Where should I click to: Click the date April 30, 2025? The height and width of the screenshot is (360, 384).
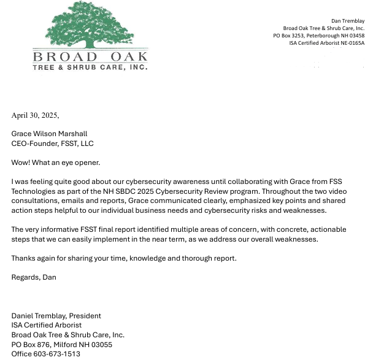[35, 115]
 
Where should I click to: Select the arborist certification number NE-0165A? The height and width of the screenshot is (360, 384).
[351, 43]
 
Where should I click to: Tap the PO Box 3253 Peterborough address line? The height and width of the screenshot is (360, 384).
[318, 36]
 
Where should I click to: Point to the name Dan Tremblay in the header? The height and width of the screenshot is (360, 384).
[347, 21]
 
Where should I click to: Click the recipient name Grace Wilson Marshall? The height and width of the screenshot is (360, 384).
[49, 134]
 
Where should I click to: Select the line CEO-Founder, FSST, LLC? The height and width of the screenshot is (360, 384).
[52, 144]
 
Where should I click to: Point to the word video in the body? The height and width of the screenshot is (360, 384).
[336, 191]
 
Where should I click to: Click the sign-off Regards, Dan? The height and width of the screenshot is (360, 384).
[34, 277]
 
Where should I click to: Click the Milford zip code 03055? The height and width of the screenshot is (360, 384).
[99, 345]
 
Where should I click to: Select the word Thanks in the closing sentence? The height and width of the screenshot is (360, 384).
[23, 258]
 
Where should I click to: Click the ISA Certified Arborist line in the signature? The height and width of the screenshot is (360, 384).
[47, 325]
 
